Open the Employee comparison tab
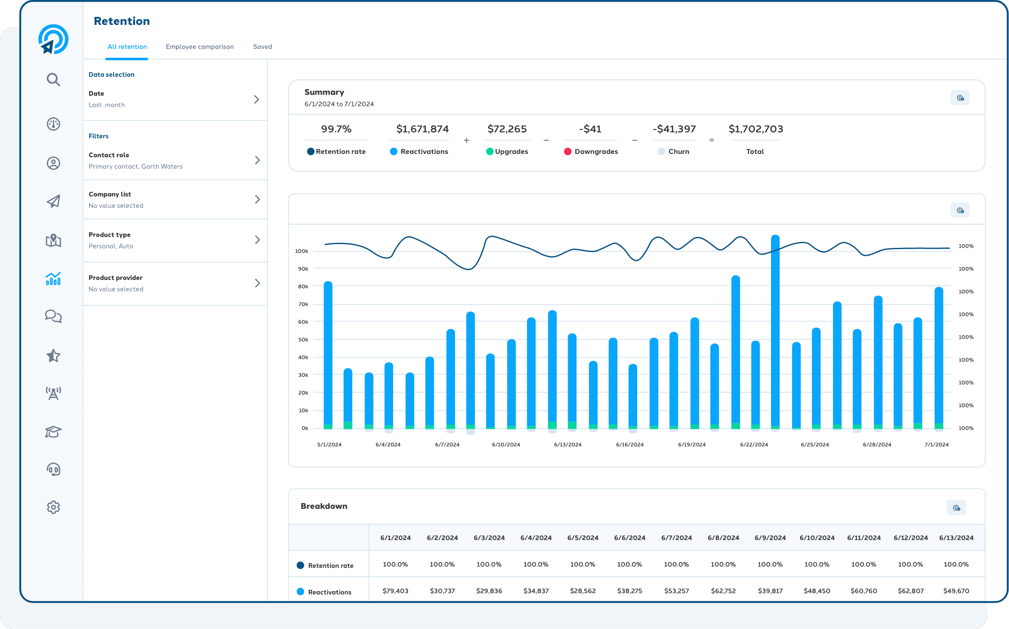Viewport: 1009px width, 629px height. tap(200, 47)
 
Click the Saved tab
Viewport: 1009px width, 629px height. tap(262, 47)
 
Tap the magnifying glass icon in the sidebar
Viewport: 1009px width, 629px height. tap(53, 79)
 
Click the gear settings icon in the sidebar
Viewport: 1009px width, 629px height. tap(53, 507)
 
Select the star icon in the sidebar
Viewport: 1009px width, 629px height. tap(53, 356)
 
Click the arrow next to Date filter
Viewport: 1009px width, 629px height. tap(256, 99)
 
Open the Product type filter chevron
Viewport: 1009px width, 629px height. tap(257, 240)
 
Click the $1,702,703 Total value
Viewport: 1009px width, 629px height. tap(755, 129)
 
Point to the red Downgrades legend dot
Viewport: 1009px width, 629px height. tap(568, 151)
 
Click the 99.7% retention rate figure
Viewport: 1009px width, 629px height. tap(336, 129)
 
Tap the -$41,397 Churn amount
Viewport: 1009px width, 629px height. tap(674, 129)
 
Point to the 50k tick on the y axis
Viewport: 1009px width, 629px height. tap(303, 339)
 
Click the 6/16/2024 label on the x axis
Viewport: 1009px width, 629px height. tap(630, 444)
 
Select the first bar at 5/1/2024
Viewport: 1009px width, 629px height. tap(328, 354)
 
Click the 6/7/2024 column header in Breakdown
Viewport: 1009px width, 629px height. tap(676, 538)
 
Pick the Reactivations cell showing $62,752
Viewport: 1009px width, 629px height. tap(723, 591)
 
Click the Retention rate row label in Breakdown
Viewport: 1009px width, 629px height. tap(330, 565)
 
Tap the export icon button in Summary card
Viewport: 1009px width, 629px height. tap(960, 98)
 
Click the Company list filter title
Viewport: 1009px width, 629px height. tap(110, 194)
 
